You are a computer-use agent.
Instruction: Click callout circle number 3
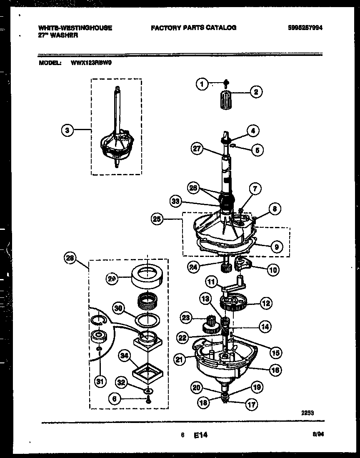67,131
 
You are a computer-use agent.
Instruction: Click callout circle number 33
177,201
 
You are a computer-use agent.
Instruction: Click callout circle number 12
266,304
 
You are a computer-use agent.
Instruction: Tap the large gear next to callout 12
234,303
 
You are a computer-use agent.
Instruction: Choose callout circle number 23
186,318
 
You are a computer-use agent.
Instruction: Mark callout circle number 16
274,370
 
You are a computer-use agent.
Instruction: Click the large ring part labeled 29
147,277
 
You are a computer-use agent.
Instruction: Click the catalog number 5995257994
305,28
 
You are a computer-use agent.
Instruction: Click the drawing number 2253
307,413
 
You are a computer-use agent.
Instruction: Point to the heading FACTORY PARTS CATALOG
193,28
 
